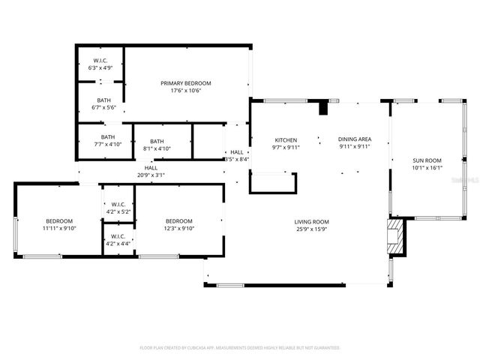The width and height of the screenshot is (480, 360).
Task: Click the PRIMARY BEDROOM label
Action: (x=186, y=82)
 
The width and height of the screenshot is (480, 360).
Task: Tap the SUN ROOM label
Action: (x=427, y=160)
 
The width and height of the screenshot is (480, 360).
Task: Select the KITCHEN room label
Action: (x=286, y=140)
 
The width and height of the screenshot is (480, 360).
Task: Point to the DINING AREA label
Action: (x=354, y=139)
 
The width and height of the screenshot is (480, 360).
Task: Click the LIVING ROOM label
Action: (x=311, y=221)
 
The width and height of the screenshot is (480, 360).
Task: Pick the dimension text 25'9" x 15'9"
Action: (x=311, y=229)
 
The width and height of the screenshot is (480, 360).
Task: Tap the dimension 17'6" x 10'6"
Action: (x=186, y=91)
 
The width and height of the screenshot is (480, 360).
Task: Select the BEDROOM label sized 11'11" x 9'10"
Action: (x=59, y=220)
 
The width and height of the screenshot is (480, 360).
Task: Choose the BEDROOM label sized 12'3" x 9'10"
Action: (x=179, y=220)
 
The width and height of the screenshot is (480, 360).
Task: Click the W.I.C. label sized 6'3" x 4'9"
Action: (x=101, y=61)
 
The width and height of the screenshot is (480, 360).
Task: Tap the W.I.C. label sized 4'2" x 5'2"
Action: (x=118, y=205)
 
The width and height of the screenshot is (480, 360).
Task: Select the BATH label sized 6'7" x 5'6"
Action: (x=104, y=100)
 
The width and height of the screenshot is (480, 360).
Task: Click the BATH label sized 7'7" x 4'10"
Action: (x=109, y=137)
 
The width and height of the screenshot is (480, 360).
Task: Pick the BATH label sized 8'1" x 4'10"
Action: (x=157, y=141)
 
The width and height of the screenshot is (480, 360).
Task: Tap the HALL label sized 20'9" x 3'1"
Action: (x=151, y=168)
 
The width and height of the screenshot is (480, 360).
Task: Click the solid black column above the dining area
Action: (x=324, y=108)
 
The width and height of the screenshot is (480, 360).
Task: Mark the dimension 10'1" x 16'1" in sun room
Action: (x=427, y=168)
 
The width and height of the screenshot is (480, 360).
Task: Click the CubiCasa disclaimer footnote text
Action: (x=240, y=348)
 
